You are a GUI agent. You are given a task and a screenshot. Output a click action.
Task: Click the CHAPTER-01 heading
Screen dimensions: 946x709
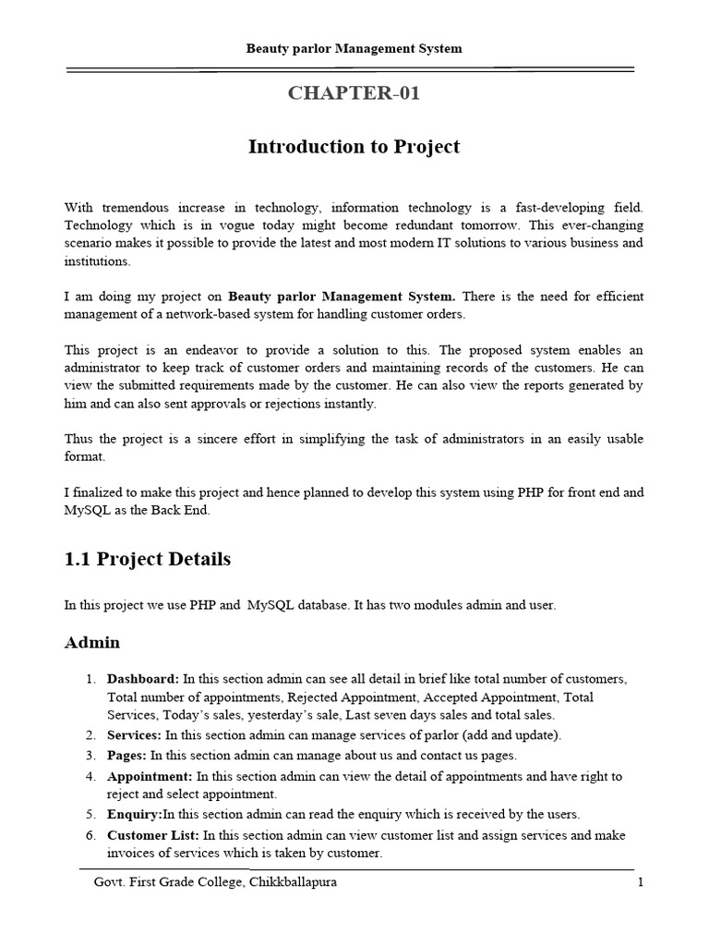pos(354,93)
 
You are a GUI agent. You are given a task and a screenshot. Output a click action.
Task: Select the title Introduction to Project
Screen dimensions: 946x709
pos(354,147)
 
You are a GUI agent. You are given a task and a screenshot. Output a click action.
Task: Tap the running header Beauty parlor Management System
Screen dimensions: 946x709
pos(354,48)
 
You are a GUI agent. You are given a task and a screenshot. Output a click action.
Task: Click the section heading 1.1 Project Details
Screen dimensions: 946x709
pos(148,559)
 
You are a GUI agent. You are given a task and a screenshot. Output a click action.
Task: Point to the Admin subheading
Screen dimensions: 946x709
pos(92,642)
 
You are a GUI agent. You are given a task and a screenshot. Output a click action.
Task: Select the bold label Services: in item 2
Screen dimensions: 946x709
pos(135,735)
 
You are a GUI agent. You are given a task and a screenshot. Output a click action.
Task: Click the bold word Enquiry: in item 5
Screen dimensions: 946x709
pos(135,814)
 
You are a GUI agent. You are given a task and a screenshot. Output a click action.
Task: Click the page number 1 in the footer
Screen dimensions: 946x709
pos(640,882)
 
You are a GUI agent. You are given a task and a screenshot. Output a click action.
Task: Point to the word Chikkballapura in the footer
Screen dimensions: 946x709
pos(292,882)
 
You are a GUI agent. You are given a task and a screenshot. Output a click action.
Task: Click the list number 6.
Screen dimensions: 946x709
pos(91,834)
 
